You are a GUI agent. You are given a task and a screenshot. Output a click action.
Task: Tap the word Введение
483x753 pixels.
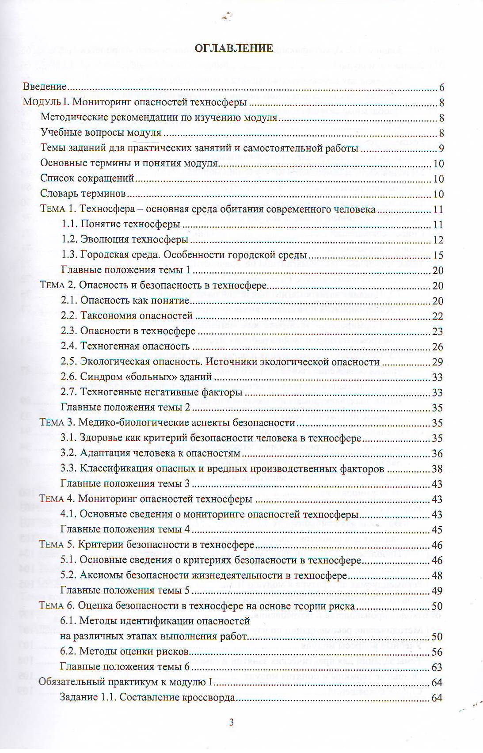click(45, 87)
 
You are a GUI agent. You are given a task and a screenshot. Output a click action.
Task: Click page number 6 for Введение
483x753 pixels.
click(441, 87)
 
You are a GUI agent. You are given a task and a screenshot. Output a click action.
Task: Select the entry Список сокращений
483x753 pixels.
click(87, 179)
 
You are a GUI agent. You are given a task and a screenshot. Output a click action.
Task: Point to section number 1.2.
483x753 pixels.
click(69, 240)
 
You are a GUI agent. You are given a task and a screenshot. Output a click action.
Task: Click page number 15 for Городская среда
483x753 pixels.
click(437, 255)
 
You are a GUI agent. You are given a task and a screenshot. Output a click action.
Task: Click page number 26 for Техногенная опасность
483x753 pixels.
click(437, 346)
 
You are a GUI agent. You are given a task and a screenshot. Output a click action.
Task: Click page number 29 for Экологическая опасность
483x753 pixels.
click(437, 362)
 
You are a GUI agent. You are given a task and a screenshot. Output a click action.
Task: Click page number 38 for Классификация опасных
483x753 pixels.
click(437, 469)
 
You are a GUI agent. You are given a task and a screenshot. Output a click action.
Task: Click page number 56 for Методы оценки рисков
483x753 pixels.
click(437, 652)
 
